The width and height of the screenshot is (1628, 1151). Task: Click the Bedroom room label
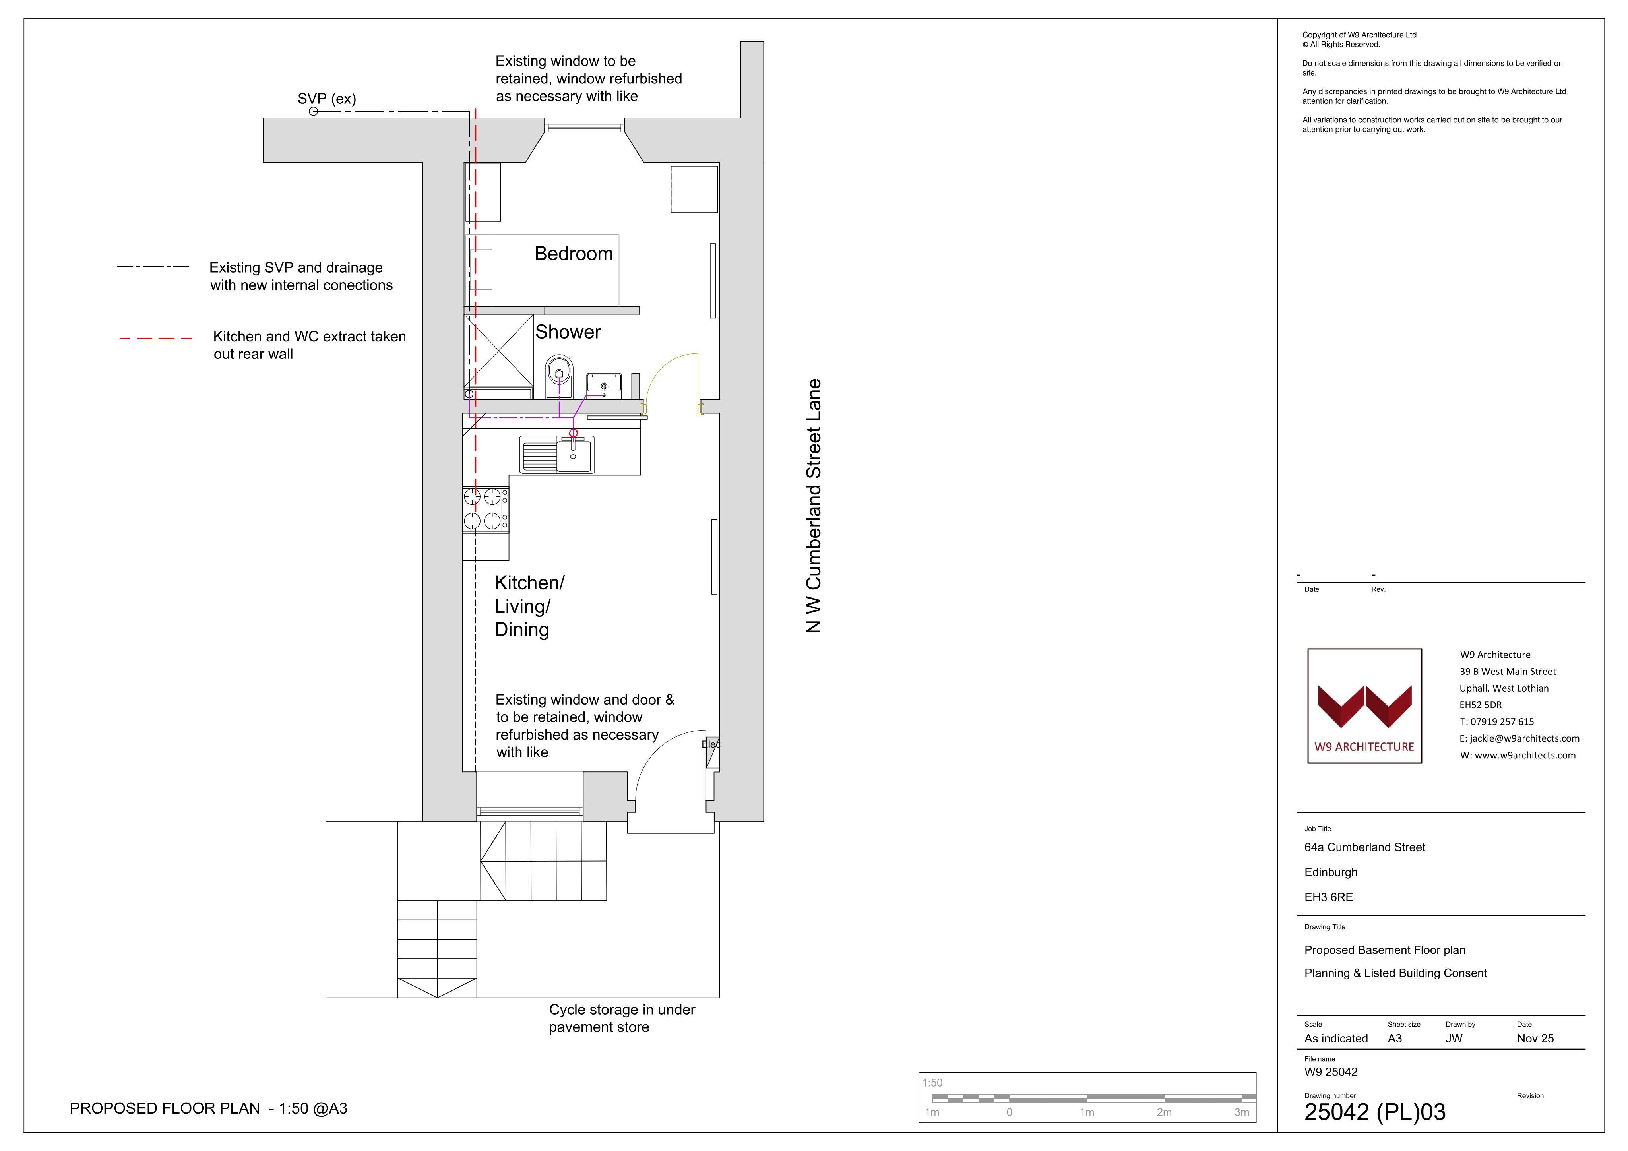pos(574,254)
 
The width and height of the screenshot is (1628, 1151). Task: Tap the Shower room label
pos(568,332)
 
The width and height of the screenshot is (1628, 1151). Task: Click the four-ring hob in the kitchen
pos(486,509)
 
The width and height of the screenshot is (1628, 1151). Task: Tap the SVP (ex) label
pos(327,99)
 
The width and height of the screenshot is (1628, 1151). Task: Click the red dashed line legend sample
pos(155,338)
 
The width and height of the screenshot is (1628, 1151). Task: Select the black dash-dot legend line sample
pos(153,267)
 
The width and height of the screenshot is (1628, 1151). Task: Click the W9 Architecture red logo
pos(1364,706)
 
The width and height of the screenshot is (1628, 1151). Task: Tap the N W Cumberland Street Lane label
pos(814,506)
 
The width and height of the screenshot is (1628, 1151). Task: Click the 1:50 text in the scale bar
pos(932,1083)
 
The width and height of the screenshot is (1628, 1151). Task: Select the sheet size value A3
pos(1395,1038)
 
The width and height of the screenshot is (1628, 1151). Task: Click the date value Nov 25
pos(1535,1038)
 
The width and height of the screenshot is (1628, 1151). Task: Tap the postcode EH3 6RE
pos(1328,897)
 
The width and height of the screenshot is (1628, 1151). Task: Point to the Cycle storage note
pos(622,1018)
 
